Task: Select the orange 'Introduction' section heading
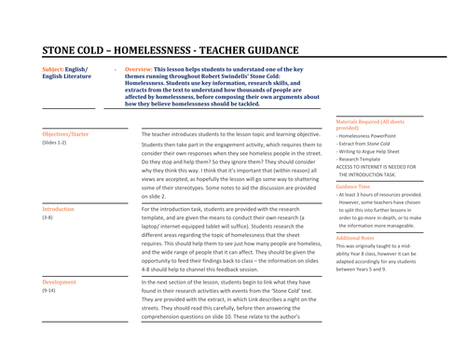pyautogui.click(x=58, y=209)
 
